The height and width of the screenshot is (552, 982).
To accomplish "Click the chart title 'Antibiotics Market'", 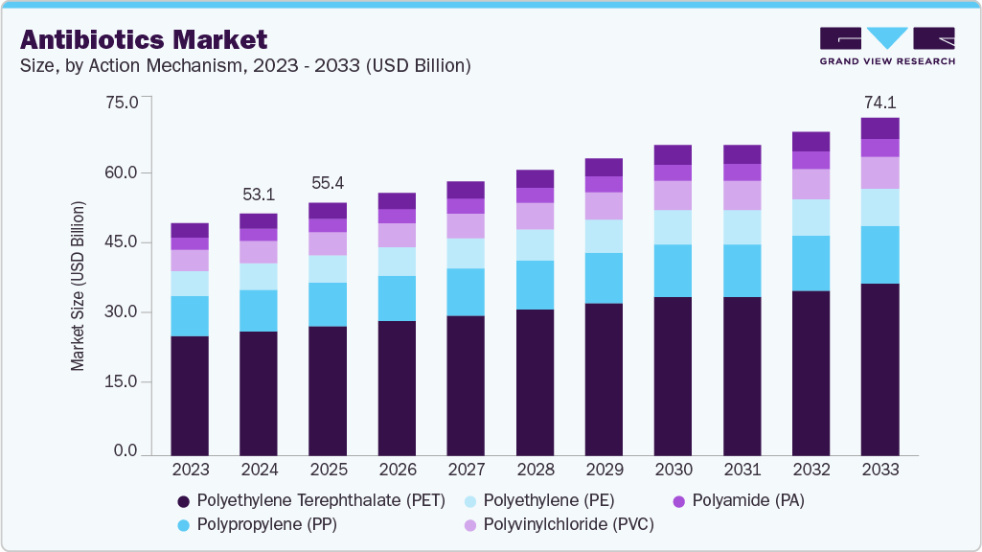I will pos(144,39).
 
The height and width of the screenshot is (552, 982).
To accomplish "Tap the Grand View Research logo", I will pos(886,46).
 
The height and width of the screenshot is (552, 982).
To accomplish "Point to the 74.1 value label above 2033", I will pos(879,102).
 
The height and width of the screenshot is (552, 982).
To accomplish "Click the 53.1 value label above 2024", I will pos(259,195).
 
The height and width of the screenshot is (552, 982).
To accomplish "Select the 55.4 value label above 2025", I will pos(328,183).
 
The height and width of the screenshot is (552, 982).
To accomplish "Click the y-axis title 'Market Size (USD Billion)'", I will pos(78,287).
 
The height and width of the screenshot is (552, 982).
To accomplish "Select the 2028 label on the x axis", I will pos(535,470).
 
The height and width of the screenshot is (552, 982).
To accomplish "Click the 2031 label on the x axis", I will pos(742,470).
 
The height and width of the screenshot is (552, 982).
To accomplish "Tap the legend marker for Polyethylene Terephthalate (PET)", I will pos(183,501).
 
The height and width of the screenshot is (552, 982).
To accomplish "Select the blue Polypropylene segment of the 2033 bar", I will pos(879,255).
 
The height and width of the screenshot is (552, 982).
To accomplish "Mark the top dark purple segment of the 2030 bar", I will pos(673,154).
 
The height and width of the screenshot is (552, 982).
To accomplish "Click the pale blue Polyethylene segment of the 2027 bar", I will pos(466,253).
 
